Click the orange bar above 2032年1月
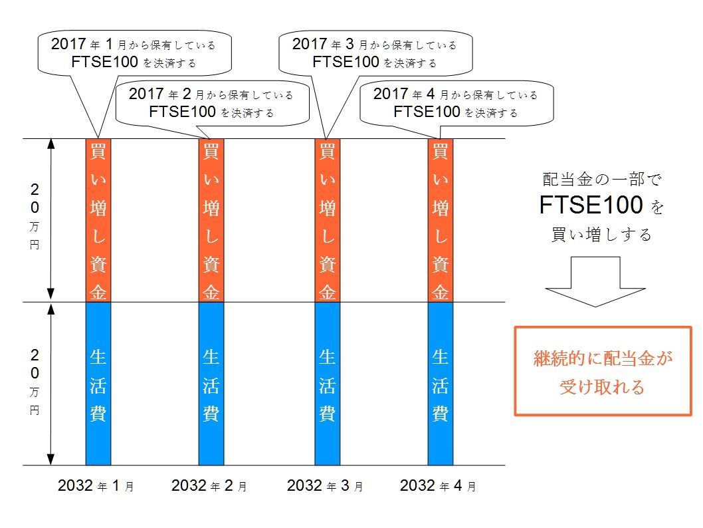click(98, 220)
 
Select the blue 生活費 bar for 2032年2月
click(211, 384)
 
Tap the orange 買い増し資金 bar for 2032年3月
click(327, 220)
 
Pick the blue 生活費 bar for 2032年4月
click(440, 384)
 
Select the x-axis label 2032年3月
click(325, 486)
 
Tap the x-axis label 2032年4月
click(438, 486)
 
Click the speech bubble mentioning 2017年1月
click(134, 53)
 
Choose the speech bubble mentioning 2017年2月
click(211, 103)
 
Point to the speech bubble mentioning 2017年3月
click(375, 53)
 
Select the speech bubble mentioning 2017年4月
click(456, 103)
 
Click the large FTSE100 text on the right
click(591, 206)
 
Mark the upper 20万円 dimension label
click(35, 216)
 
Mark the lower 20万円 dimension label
click(35, 381)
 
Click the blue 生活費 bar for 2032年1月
click(98, 384)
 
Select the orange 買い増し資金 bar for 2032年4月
click(440, 220)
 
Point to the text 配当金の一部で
click(602, 179)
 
